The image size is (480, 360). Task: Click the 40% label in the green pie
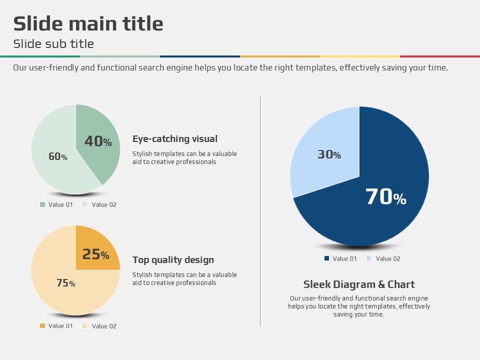tap(98, 141)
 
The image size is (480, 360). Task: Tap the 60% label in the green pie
tap(58, 156)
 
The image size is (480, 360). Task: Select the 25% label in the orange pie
tap(95, 254)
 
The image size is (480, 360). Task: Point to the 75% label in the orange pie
tap(66, 283)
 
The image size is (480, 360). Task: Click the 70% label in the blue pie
tap(385, 197)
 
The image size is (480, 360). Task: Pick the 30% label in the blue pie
tap(329, 155)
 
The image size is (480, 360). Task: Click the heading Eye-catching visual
tap(175, 139)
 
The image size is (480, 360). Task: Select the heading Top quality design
tap(173, 260)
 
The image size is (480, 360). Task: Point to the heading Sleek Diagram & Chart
tap(359, 284)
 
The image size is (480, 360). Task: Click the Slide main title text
tap(88, 24)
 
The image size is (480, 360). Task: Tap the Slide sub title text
tap(53, 44)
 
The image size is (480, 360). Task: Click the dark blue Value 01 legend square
tap(326, 258)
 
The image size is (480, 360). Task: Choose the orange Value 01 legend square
tap(42, 326)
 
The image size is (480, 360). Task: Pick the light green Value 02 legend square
tap(84, 204)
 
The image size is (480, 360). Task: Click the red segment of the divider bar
tap(440, 56)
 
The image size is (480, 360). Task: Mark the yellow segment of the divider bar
tap(360, 56)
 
